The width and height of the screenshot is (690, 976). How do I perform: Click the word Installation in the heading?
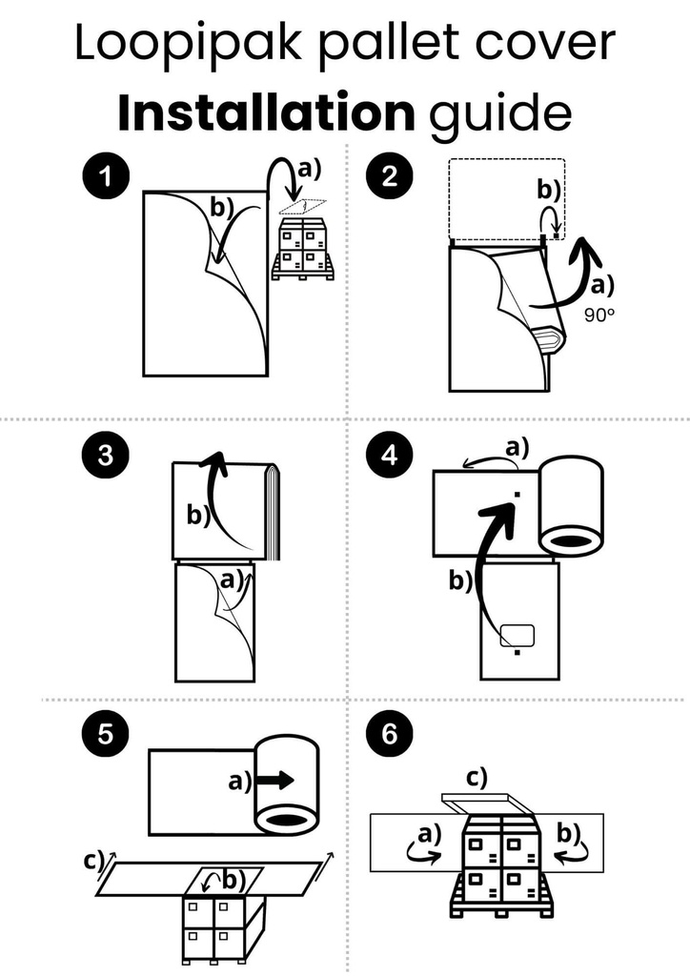tap(266, 112)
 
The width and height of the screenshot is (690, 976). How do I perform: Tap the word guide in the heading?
tap(500, 112)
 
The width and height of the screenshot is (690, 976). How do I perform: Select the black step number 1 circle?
tap(102, 177)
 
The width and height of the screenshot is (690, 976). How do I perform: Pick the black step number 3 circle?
tap(102, 455)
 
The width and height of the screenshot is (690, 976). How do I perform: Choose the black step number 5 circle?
tap(102, 734)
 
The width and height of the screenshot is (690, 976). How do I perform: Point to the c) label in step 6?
tap(476, 777)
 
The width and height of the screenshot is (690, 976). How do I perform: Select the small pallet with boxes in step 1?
tap(303, 251)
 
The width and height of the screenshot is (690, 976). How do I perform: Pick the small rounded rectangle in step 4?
tap(518, 635)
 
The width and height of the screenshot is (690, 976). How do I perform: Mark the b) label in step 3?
tap(198, 515)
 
